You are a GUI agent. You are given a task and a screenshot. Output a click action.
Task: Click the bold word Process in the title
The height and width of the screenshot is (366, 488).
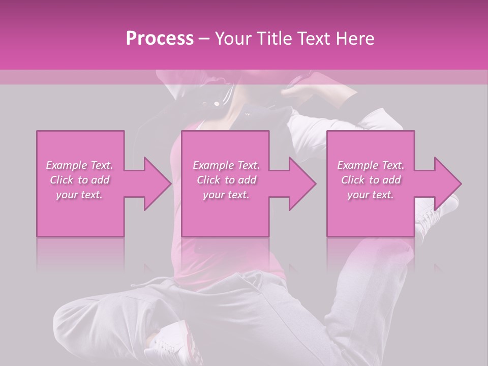tap(160, 39)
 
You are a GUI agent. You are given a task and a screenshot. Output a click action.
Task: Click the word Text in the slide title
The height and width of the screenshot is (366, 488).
tap(314, 39)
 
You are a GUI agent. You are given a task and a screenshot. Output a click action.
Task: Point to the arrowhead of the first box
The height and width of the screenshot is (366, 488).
tap(155, 184)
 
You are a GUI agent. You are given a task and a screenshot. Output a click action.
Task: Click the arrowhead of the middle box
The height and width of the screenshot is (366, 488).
tap(300, 184)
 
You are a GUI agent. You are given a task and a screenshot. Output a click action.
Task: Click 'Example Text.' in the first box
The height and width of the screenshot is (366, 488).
tap(79, 165)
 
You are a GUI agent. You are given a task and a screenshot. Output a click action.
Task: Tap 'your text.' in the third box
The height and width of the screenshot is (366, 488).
tap(371, 195)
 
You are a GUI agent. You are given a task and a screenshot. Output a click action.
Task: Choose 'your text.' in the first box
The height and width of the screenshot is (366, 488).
tap(79, 195)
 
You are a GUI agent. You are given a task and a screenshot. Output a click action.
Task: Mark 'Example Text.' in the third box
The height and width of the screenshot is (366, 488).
tap(371, 165)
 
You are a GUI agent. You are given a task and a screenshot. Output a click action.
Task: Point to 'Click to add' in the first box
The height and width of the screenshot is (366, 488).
tap(79, 180)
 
